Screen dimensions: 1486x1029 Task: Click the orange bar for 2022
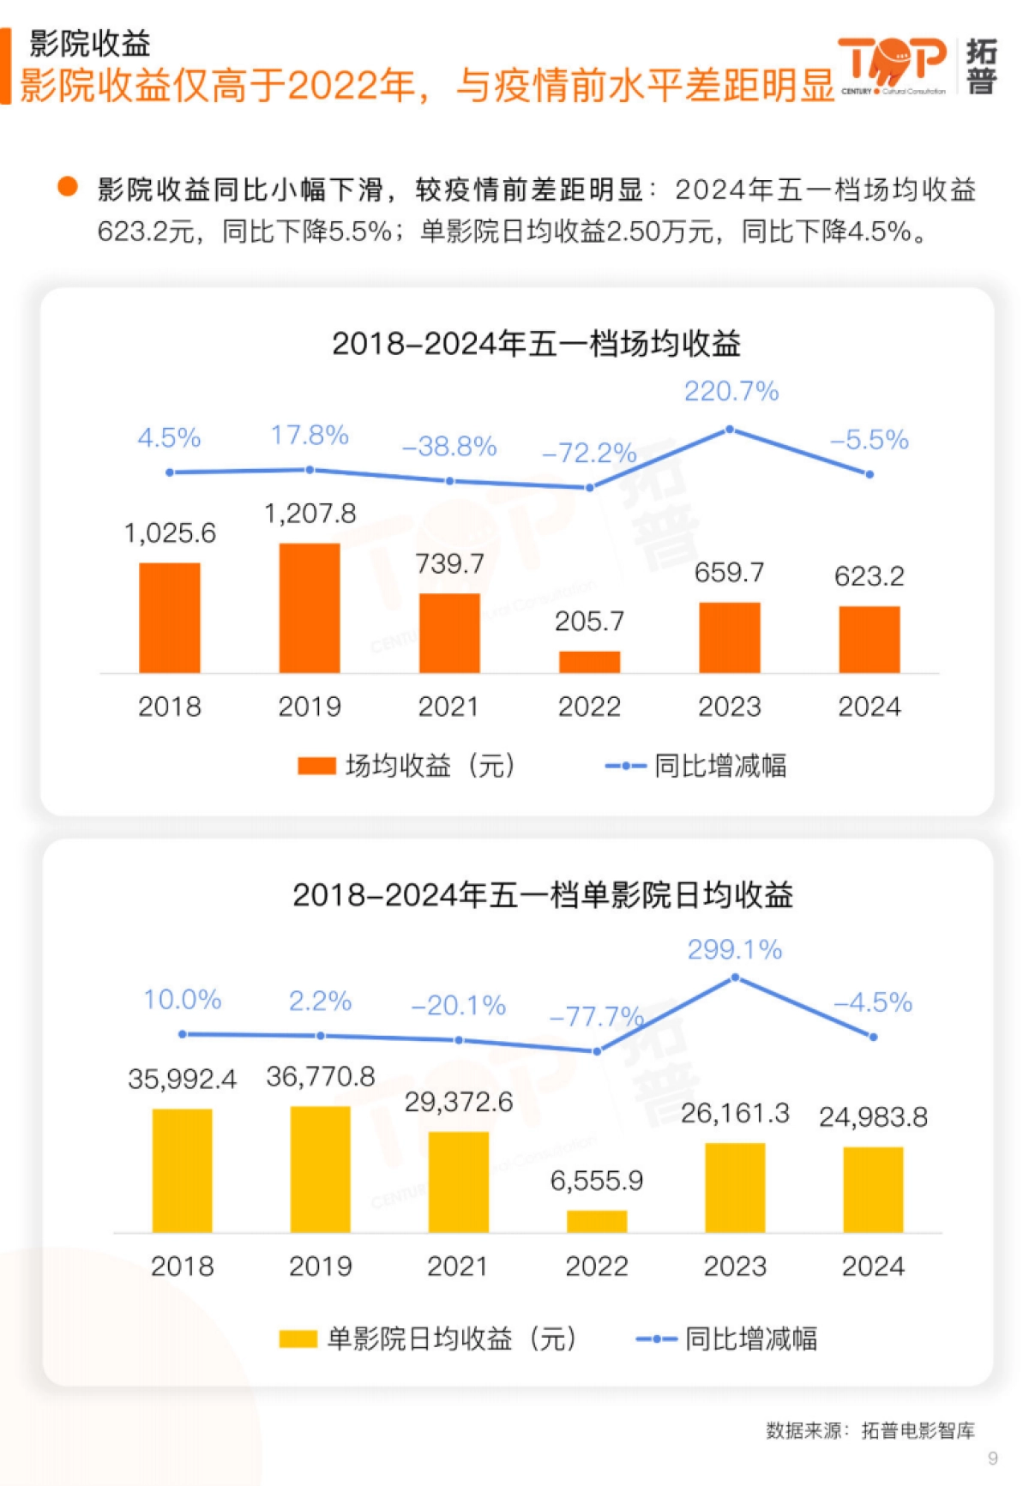[x=589, y=662]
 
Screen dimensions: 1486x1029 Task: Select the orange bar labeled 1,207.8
[x=310, y=608]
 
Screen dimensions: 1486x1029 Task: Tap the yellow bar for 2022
[x=597, y=1221]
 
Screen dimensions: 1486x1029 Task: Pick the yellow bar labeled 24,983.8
[x=873, y=1189]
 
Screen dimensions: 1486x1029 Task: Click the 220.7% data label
[x=731, y=392]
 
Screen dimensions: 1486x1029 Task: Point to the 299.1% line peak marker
[x=735, y=977]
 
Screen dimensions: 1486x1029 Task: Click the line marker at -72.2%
[x=589, y=488]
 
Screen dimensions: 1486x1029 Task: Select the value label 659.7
[x=729, y=572]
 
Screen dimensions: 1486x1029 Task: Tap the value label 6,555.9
[x=597, y=1181]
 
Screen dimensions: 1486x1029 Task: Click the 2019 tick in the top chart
[x=310, y=707]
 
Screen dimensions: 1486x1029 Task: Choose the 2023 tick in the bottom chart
[x=735, y=1266]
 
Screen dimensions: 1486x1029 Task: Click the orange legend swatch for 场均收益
[x=316, y=766]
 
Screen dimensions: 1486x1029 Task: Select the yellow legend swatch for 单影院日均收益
[x=298, y=1339]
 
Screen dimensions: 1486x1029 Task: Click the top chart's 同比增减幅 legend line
[x=625, y=766]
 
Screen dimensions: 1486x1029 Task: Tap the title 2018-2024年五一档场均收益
[x=536, y=344]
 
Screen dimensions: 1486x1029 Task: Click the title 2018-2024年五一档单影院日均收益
[x=542, y=895]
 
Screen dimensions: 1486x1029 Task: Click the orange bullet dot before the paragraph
[x=68, y=187]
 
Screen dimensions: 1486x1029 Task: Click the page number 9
[x=993, y=1458]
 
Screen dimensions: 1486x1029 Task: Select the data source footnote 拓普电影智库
[x=918, y=1430]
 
